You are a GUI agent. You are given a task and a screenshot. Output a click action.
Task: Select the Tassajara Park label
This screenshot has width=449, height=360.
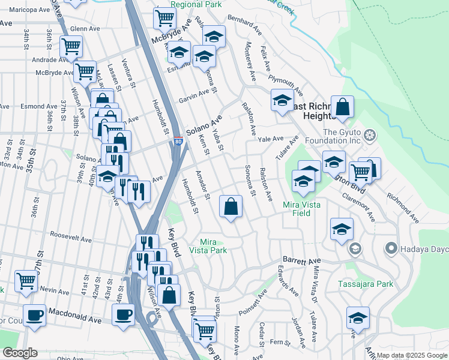click(x=366, y=284)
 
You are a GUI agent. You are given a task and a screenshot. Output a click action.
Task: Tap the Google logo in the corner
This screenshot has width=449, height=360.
click(x=20, y=353)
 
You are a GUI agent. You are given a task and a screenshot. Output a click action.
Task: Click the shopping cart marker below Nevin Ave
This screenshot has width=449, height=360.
click(x=26, y=281)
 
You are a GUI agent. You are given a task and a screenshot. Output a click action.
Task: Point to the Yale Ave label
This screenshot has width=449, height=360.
click(x=270, y=138)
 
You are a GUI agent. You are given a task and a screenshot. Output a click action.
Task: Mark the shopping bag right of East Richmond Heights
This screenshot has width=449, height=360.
click(x=342, y=108)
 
